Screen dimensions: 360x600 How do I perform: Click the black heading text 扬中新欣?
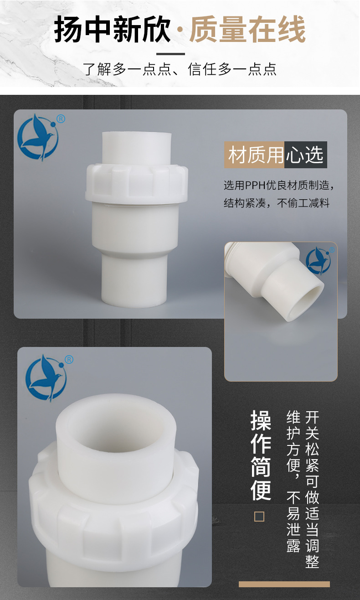[113, 30]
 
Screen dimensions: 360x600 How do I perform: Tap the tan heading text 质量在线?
[247, 30]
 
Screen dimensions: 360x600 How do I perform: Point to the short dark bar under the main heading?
[170, 54]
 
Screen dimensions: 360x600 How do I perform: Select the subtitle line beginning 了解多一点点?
[180, 69]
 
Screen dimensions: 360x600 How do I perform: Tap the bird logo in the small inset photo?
[318, 260]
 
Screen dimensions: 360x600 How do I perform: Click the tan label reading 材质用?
[254, 155]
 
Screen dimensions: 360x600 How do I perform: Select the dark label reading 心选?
[306, 155]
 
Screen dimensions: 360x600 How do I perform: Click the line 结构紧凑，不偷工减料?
[277, 203]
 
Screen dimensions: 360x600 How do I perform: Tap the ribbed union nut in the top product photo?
[137, 183]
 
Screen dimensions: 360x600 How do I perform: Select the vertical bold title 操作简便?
[261, 455]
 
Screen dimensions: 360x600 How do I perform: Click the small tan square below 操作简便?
[259, 516]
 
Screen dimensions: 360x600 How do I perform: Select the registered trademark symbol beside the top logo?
[61, 119]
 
